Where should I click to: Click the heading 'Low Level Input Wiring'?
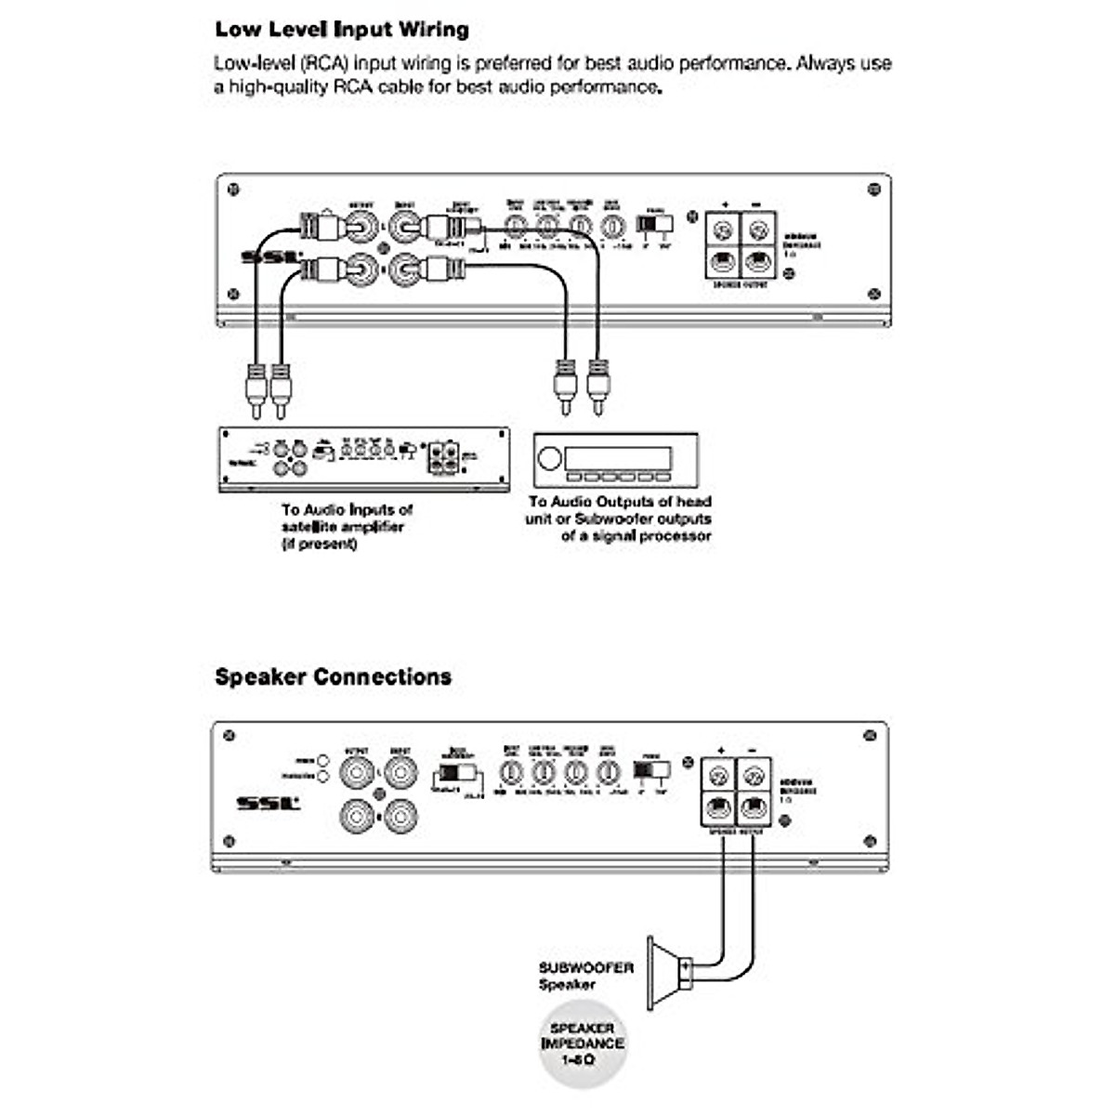342,30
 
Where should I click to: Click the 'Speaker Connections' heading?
333,676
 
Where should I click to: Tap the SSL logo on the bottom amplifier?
268,802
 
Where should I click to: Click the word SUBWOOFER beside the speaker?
585,967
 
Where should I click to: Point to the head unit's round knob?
549,459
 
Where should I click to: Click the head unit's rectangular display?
618,458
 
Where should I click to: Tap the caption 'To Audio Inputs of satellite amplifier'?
347,526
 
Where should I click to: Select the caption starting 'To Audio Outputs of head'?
619,518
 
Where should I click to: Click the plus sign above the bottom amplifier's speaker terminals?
721,749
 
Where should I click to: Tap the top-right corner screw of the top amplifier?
872,190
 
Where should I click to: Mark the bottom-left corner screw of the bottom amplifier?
229,841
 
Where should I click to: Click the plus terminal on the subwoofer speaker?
686,967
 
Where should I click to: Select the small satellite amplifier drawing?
363,459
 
